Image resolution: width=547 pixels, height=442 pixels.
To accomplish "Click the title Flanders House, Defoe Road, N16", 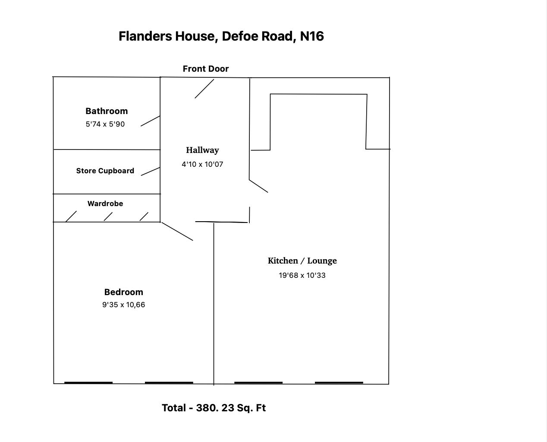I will [221, 36].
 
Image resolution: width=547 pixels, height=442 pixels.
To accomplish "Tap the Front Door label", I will [205, 69].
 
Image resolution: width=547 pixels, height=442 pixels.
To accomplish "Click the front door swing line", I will [204, 89].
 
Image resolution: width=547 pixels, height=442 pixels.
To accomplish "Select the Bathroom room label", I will [107, 111].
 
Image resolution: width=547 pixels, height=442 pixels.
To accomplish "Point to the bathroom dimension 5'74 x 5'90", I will [105, 124].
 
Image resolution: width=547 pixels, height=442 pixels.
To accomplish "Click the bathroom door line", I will [150, 121].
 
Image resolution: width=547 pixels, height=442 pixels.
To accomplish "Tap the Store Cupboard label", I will [105, 171].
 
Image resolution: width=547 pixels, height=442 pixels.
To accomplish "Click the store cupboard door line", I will [150, 172].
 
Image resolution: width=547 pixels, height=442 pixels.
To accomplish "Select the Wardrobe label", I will [105, 204].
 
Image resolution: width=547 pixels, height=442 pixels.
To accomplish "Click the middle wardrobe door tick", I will [108, 216].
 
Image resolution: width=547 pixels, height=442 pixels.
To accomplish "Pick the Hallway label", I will [202, 150].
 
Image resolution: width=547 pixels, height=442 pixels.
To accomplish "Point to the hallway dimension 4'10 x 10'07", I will [202, 165].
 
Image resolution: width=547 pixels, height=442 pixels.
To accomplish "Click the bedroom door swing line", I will [177, 231].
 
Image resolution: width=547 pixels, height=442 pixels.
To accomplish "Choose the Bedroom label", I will [123, 292].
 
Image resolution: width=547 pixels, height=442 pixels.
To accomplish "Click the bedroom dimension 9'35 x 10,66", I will [123, 305].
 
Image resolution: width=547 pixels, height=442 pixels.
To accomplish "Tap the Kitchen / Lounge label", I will [302, 261].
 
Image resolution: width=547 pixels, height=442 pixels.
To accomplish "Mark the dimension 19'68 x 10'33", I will [302, 276].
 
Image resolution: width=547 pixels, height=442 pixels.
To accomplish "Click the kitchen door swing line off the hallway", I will [258, 186].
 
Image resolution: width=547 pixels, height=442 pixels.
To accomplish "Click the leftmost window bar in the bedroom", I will [88, 382].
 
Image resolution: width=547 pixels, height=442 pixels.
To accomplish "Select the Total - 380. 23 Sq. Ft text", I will [214, 408].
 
